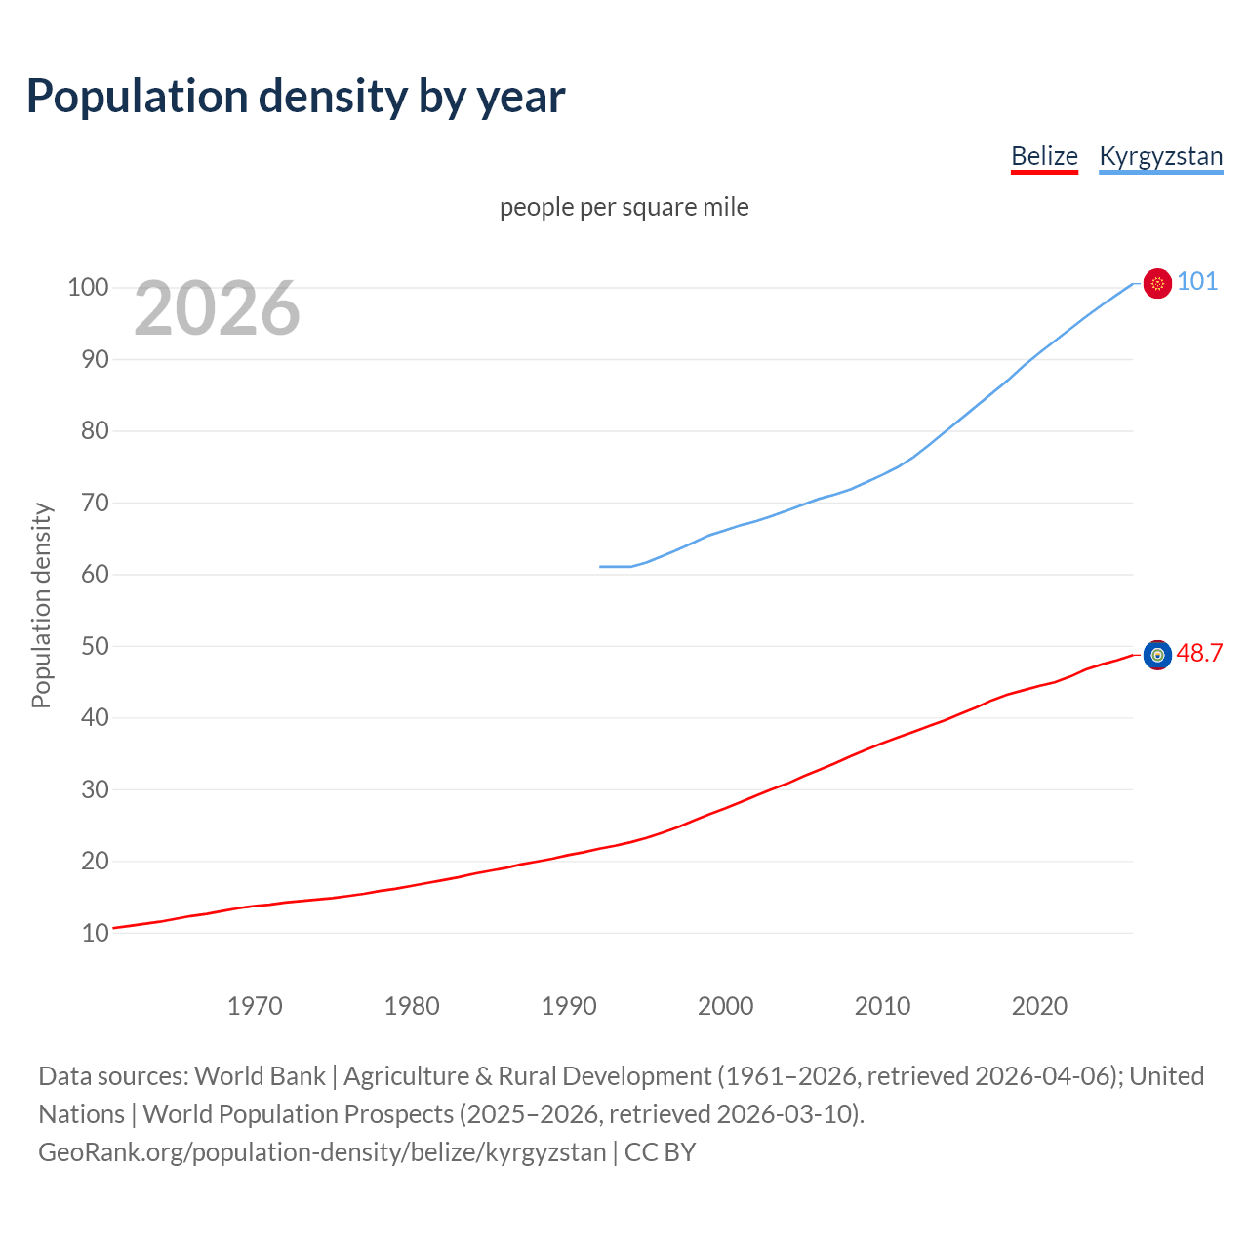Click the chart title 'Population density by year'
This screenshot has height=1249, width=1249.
pyautogui.click(x=296, y=97)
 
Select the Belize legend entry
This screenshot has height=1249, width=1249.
pyautogui.click(x=1044, y=156)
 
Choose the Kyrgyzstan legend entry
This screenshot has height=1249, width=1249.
pyautogui.click(x=1160, y=156)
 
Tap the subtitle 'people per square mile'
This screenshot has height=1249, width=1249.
pyautogui.click(x=624, y=207)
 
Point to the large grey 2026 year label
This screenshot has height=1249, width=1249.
pyautogui.click(x=217, y=308)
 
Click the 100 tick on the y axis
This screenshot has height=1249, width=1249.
pyautogui.click(x=88, y=287)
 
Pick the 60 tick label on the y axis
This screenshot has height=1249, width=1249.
pyautogui.click(x=95, y=574)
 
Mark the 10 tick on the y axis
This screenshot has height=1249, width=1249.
pyautogui.click(x=95, y=933)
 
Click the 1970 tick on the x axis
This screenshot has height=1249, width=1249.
pyautogui.click(x=255, y=1005)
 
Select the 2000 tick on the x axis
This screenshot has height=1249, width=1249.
pyautogui.click(x=725, y=1005)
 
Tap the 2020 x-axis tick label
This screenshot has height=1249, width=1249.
pyautogui.click(x=1039, y=1005)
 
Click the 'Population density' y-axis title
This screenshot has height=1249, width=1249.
pyautogui.click(x=41, y=605)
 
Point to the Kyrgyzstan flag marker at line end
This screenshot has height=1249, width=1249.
pyautogui.click(x=1157, y=283)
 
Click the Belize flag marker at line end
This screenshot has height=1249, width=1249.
pyautogui.click(x=1157, y=655)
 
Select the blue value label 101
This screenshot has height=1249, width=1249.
pyautogui.click(x=1197, y=282)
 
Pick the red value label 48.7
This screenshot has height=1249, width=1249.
pyautogui.click(x=1199, y=653)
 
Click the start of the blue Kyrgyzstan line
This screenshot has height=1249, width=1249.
pyautogui.click(x=601, y=566)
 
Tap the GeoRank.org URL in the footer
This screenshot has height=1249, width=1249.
pyautogui.click(x=322, y=1151)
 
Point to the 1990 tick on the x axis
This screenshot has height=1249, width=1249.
pyautogui.click(x=569, y=1005)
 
